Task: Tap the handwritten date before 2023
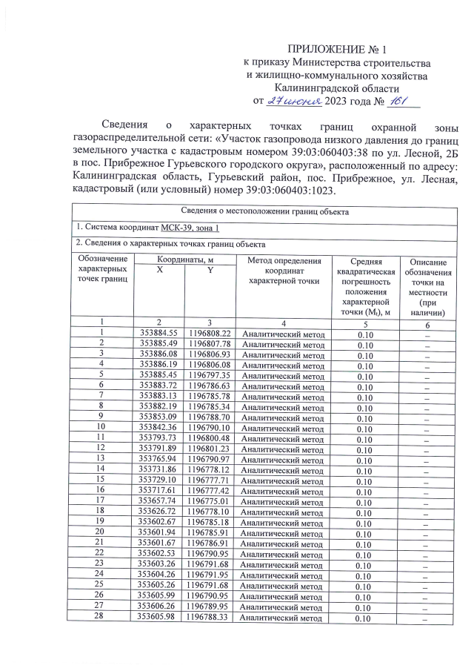[x=298, y=100]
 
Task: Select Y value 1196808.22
[x=210, y=334]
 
